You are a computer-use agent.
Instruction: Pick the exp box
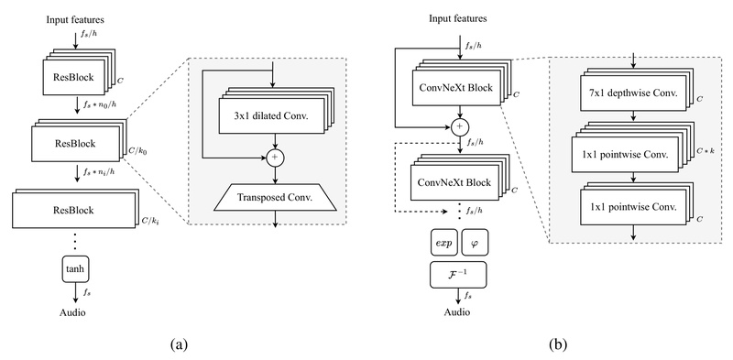click(x=444, y=244)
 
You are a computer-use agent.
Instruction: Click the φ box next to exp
click(x=474, y=244)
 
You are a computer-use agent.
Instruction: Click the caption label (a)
click(x=179, y=344)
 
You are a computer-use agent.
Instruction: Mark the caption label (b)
click(x=556, y=344)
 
